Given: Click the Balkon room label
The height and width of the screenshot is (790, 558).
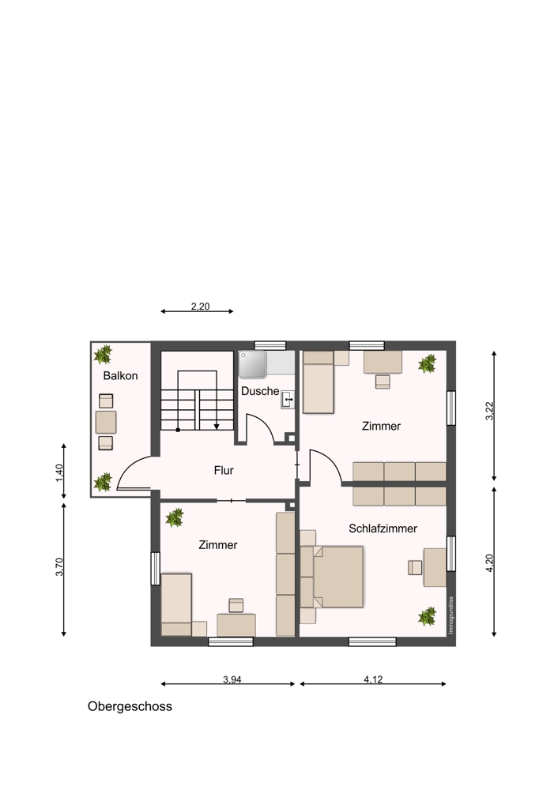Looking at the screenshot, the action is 120,376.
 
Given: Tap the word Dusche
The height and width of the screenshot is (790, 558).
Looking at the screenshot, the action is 260,391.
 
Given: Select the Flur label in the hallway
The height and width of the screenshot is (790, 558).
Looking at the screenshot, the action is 224,471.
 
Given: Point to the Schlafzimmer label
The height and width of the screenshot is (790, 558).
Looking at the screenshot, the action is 383,529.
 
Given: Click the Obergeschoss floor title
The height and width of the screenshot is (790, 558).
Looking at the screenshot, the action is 130,706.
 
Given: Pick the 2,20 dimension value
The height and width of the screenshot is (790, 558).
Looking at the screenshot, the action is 200,307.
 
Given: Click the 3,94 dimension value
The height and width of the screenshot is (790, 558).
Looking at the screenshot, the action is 232,679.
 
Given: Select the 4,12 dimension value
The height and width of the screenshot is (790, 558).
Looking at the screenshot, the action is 374,679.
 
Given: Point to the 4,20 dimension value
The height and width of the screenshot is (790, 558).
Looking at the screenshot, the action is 488,562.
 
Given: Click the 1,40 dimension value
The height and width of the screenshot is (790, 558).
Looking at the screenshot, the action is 59,473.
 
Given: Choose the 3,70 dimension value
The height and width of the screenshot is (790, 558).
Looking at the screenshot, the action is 59,566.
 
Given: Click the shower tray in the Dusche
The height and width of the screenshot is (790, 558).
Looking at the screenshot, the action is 253,364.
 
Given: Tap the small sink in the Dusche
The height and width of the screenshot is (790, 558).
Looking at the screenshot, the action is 288,399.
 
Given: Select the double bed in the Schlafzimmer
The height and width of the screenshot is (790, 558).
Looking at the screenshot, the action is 337,577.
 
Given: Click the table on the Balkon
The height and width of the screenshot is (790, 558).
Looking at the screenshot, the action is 106,422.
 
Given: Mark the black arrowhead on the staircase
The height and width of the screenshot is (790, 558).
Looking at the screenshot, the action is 217,427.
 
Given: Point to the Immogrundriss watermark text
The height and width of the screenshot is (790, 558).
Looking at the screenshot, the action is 451,615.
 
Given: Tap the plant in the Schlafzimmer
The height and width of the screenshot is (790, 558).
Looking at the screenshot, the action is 427,615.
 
